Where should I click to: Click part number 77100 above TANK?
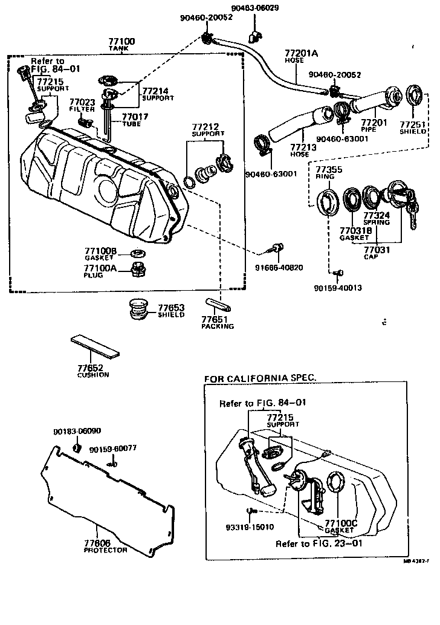(121, 42)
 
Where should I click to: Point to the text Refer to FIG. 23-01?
(319, 543)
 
